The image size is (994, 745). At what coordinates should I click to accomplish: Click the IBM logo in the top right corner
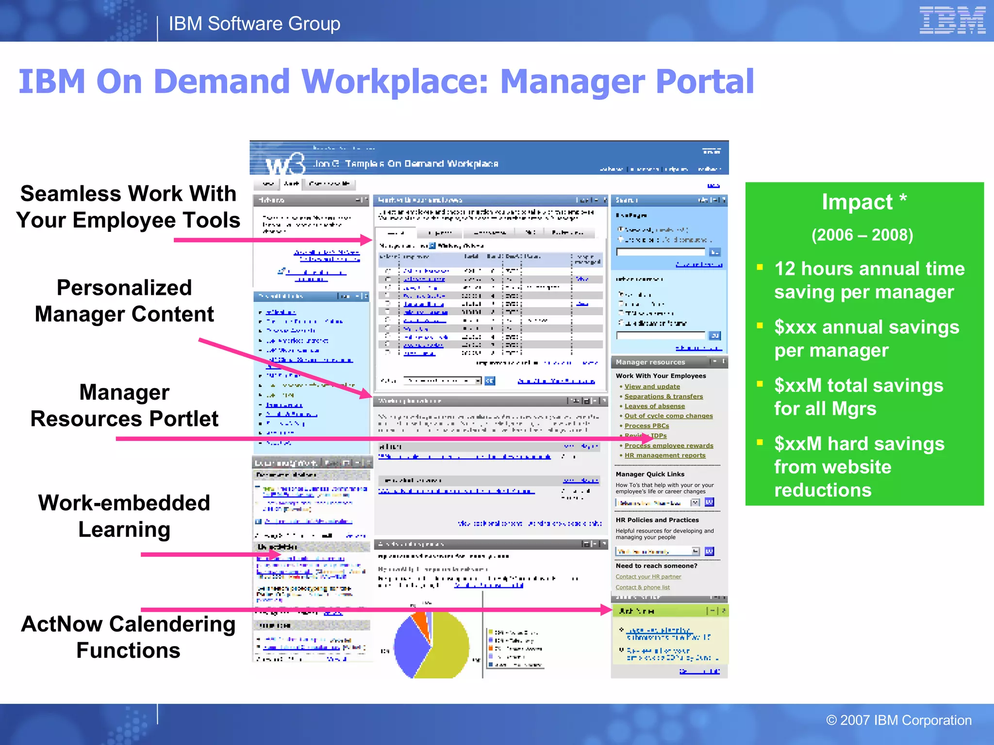point(952,20)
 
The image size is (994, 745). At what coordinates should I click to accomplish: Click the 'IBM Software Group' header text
point(254,24)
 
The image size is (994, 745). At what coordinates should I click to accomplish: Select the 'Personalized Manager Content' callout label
point(124,301)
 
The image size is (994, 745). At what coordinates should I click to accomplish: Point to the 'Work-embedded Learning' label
point(124,516)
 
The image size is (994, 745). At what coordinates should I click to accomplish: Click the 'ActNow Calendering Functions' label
point(128,637)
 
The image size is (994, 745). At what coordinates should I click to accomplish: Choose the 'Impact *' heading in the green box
point(863,202)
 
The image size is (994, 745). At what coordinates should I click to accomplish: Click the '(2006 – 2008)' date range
point(862,235)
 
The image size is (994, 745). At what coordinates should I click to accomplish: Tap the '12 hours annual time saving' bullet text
point(869,280)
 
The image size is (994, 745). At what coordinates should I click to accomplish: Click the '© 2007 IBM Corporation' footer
point(898,720)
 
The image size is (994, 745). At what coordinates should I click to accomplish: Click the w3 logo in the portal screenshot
point(285,164)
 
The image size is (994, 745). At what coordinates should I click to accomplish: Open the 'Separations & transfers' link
point(663,396)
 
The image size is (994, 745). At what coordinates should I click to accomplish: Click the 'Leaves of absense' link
point(655,406)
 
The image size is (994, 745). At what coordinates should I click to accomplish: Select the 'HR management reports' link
point(665,455)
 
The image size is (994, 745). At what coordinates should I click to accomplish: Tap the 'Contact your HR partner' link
point(648,577)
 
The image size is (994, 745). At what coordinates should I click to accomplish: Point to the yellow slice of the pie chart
point(447,645)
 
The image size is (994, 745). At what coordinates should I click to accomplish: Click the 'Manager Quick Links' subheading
point(650,474)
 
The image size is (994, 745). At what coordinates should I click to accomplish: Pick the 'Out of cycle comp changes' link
point(668,416)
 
